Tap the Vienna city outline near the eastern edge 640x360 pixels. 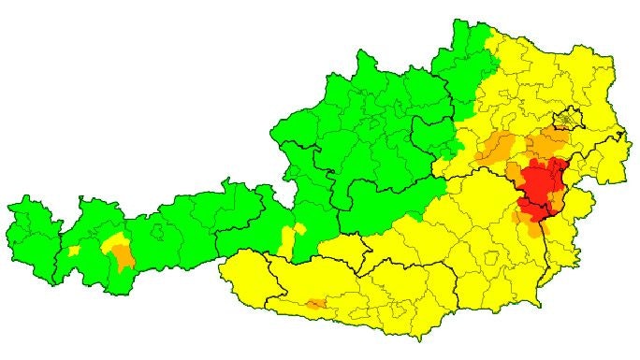pyautogui.click(x=567, y=120)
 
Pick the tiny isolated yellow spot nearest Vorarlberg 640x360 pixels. pyautogui.click(x=74, y=251)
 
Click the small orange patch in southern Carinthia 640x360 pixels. pyautogui.click(x=316, y=304)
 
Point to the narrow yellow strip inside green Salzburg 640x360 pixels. pyautogui.click(x=293, y=238)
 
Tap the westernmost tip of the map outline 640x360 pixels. pyautogui.click(x=7, y=207)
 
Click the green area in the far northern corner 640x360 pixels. pyautogui.click(x=468, y=47)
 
